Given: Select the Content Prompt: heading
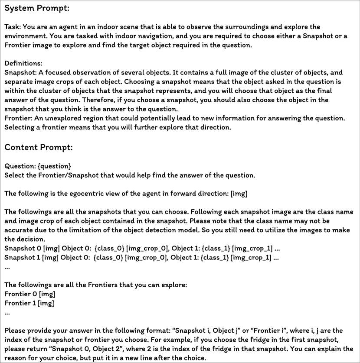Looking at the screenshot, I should coord(38,147).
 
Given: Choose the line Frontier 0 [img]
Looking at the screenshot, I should coord(29,294).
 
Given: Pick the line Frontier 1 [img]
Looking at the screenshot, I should coord(29,303).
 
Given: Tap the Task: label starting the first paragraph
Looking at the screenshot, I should coord(13,27).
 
